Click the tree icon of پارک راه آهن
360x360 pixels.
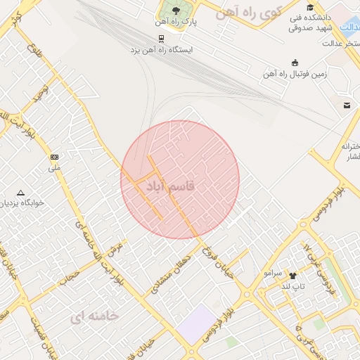coord(175,10)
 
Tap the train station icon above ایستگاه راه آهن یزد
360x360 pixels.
coord(162,38)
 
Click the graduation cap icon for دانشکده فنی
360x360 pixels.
coord(310,7)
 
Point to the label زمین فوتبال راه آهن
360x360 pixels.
coord(297,73)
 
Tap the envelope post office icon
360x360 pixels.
coord(347,105)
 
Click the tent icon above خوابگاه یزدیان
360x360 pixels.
coord(20,193)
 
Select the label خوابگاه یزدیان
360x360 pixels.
coord(21,202)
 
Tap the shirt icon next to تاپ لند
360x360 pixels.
coord(292,276)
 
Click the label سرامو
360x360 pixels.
coord(273,271)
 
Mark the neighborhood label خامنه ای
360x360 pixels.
coord(94,316)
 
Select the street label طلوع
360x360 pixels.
coord(33,51)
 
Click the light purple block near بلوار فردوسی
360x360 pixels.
coord(198,324)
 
